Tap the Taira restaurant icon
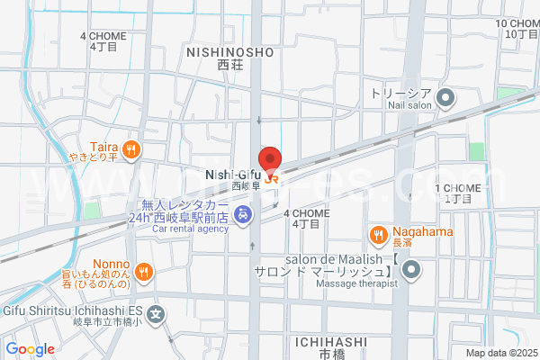pyautogui.click(x=131, y=149)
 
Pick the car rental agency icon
pyautogui.click(x=242, y=215)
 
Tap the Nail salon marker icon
pyautogui.click(x=445, y=97)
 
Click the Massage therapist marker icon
pyautogui.click(x=411, y=269)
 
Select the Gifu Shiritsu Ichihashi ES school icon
pyautogui.click(x=157, y=314)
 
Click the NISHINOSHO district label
pyautogui.click(x=229, y=53)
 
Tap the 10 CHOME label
pyautogui.click(x=517, y=23)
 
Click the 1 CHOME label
pyautogui.click(x=457, y=187)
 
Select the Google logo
pyautogui.click(x=30, y=349)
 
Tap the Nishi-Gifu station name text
pyautogui.click(x=232, y=174)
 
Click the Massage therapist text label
pyautogui.click(x=355, y=284)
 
